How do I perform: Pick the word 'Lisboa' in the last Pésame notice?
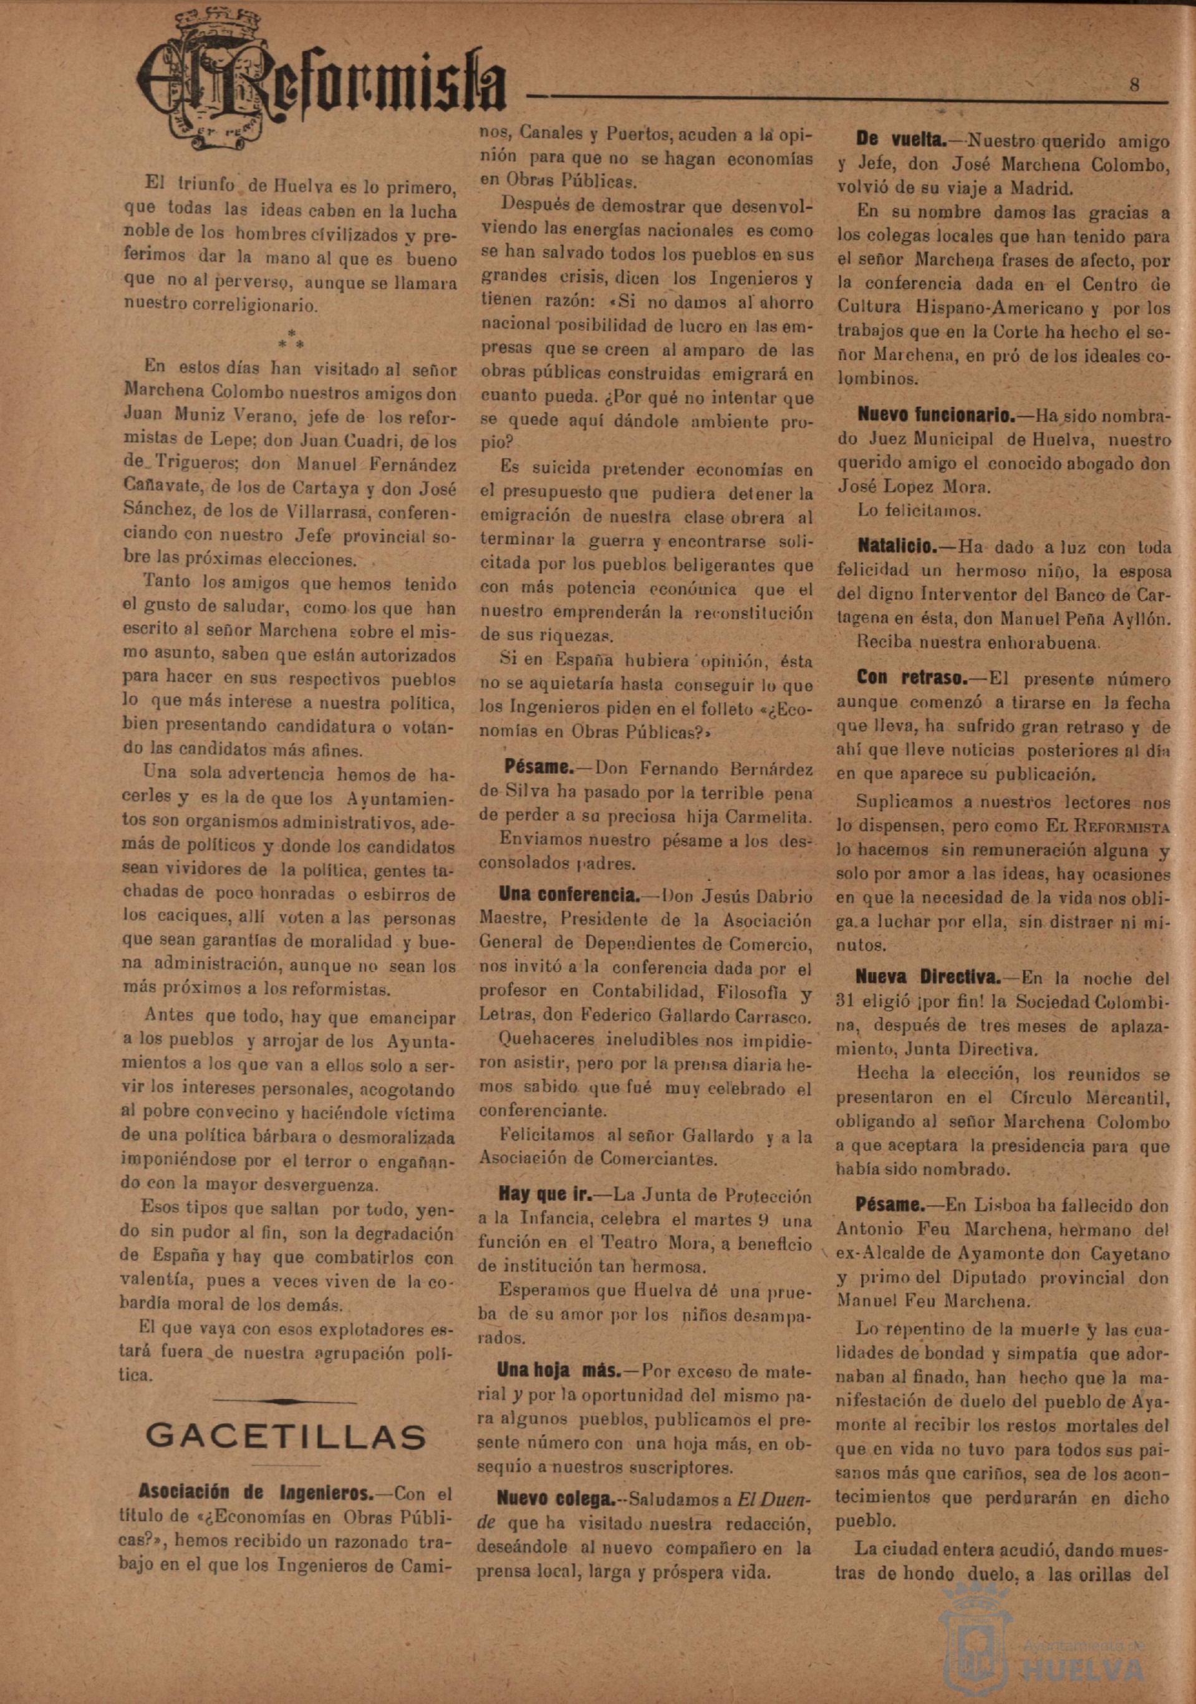(981, 1207)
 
